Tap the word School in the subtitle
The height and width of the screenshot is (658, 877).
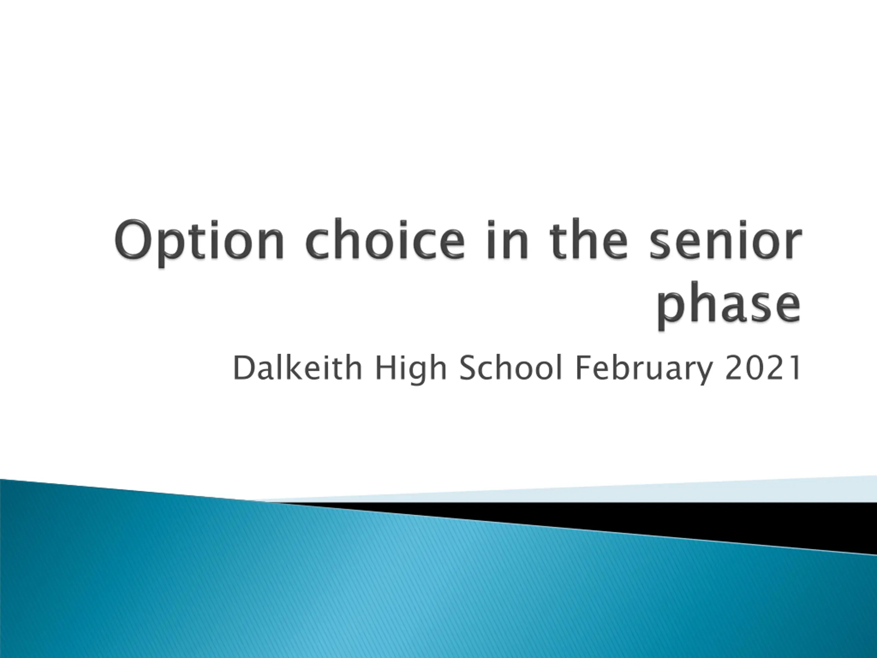click(x=510, y=368)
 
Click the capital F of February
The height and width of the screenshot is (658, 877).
click(x=584, y=368)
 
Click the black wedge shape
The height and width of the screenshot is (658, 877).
click(x=674, y=524)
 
